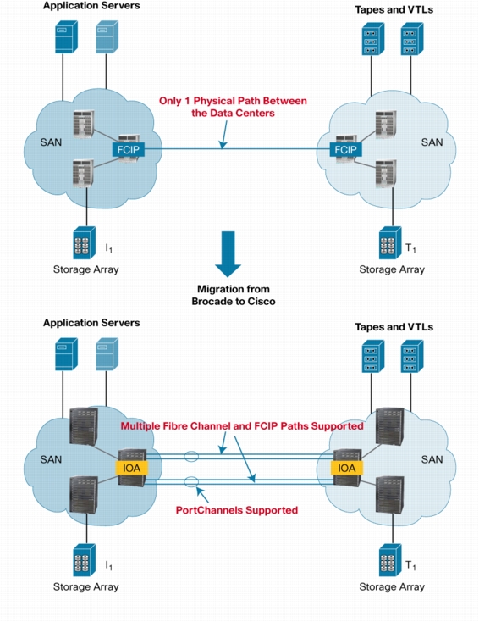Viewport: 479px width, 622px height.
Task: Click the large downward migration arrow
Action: pyautogui.click(x=228, y=254)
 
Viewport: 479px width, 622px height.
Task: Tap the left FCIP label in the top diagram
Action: pyautogui.click(x=128, y=149)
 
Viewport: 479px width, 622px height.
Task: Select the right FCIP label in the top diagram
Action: pyautogui.click(x=345, y=149)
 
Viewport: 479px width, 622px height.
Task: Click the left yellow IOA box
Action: pyautogui.click(x=131, y=468)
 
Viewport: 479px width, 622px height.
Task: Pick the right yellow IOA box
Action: pyautogui.click(x=347, y=468)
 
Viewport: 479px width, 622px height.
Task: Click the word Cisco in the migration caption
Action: pyautogui.click(x=262, y=302)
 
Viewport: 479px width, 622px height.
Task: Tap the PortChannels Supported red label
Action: pyautogui.click(x=237, y=510)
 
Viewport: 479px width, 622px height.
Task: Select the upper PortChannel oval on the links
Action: pyautogui.click(x=191, y=457)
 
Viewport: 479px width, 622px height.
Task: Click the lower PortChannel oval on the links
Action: pyautogui.click(x=191, y=482)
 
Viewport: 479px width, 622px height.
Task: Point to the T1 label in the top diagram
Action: pyautogui.click(x=410, y=249)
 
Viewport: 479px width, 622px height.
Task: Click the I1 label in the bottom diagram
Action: pyautogui.click(x=108, y=565)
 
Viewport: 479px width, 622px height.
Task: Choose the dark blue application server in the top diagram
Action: pyautogui.click(x=66, y=37)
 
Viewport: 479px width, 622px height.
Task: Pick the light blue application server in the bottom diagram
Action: pyautogui.click(x=107, y=354)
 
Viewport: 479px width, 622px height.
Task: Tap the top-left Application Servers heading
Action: pyautogui.click(x=91, y=6)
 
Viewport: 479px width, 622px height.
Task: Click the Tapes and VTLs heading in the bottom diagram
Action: pyautogui.click(x=394, y=327)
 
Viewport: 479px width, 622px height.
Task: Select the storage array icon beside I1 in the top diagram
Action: pyautogui.click(x=85, y=242)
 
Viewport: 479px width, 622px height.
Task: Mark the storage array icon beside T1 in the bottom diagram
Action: pyautogui.click(x=390, y=560)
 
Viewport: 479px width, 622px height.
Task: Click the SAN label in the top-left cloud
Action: pyautogui.click(x=51, y=142)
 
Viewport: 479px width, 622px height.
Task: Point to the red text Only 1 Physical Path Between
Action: pyautogui.click(x=233, y=101)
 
